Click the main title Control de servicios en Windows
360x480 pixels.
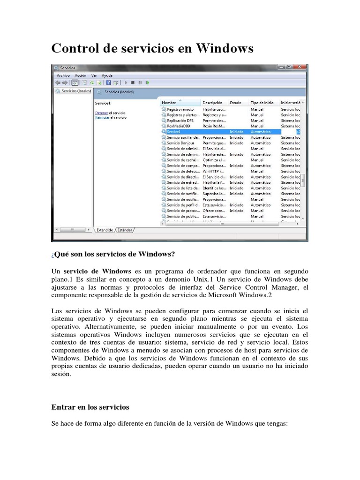coord(152,48)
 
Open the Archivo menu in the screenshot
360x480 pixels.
coord(63,75)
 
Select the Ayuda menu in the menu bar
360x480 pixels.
coord(107,75)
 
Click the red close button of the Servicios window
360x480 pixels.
coord(300,67)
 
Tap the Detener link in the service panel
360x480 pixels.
coord(102,113)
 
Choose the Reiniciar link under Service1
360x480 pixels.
coord(102,118)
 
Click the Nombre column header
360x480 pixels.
coord(169,102)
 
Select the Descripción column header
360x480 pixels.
coord(212,102)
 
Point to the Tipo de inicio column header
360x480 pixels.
coord(262,102)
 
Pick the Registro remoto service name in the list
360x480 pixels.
coord(180,109)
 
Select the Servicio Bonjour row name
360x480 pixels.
coord(180,143)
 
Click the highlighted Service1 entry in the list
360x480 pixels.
coord(173,132)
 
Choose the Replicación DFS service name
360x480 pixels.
coord(180,120)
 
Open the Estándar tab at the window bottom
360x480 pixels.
coord(125,230)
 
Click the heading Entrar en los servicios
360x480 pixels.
coord(90,407)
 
